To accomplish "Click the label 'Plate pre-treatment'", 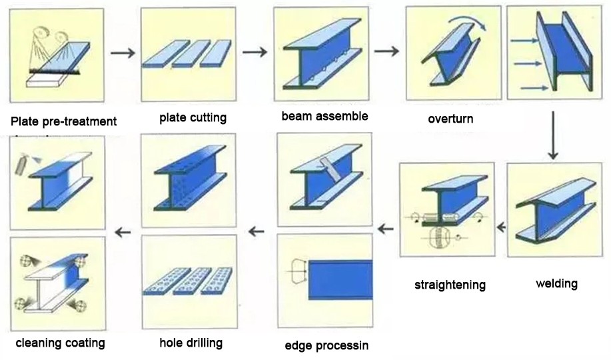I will coord(64,121).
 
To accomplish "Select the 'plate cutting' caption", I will coord(193,118).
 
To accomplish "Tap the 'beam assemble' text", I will coord(324,116).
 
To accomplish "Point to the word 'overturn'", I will coord(450,119).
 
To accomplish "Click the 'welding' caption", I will coord(556,284).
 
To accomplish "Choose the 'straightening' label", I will coord(450,285).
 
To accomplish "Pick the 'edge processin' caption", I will coord(326,345).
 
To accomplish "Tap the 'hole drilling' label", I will coord(191,343).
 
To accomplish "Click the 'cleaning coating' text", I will coord(61,343).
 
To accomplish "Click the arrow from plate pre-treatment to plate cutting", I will coord(122,53).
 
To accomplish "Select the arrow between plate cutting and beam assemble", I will coord(254,52).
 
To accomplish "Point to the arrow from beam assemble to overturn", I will coord(386,51).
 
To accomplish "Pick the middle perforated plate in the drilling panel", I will coord(191,283).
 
